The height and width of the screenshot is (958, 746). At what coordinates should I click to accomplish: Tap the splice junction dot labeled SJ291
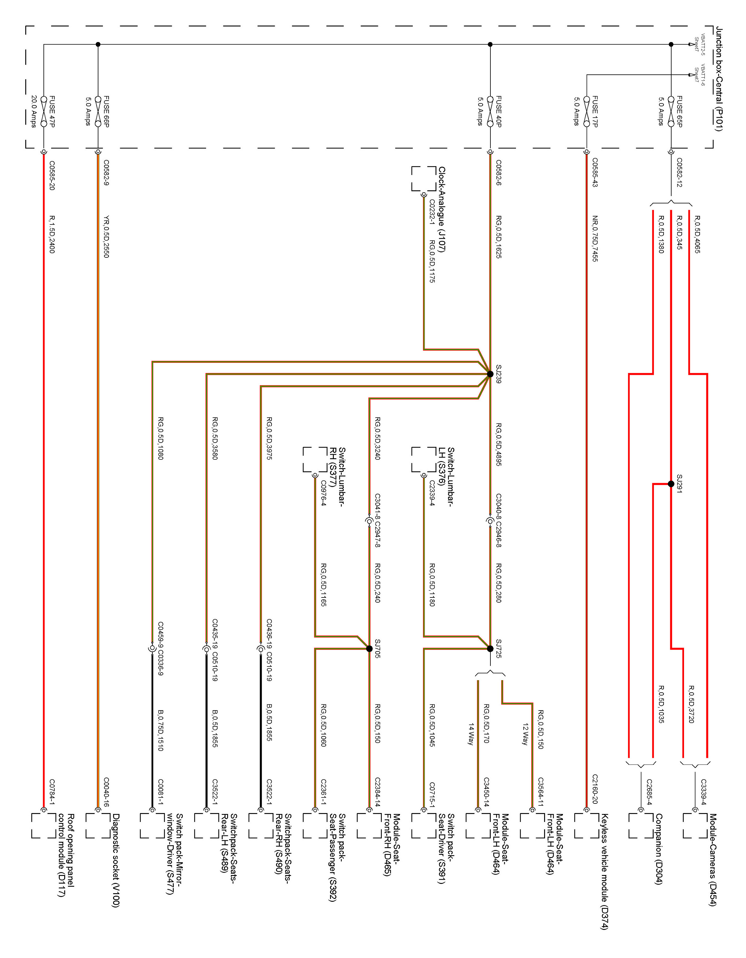click(x=671, y=484)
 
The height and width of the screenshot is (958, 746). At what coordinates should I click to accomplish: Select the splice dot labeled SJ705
click(x=369, y=649)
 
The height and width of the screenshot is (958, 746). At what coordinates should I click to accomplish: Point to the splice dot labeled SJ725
click(x=490, y=649)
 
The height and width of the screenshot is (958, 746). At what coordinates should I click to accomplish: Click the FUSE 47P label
click(x=52, y=112)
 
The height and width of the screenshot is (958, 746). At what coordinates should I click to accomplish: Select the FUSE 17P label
click(x=595, y=112)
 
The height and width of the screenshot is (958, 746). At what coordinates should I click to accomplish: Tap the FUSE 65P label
click(x=679, y=112)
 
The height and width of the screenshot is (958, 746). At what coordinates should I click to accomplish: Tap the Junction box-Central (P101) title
click(x=719, y=79)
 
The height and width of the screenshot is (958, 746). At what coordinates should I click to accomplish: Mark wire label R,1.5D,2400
click(x=52, y=234)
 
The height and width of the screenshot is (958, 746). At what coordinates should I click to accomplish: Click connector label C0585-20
click(x=52, y=175)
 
